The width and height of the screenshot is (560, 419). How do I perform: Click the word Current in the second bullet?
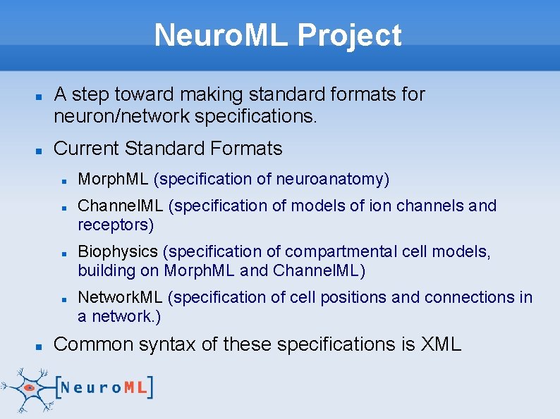pos(86,149)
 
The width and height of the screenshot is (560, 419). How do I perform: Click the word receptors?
pos(115,225)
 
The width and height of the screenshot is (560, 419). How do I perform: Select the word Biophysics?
pos(118,251)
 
